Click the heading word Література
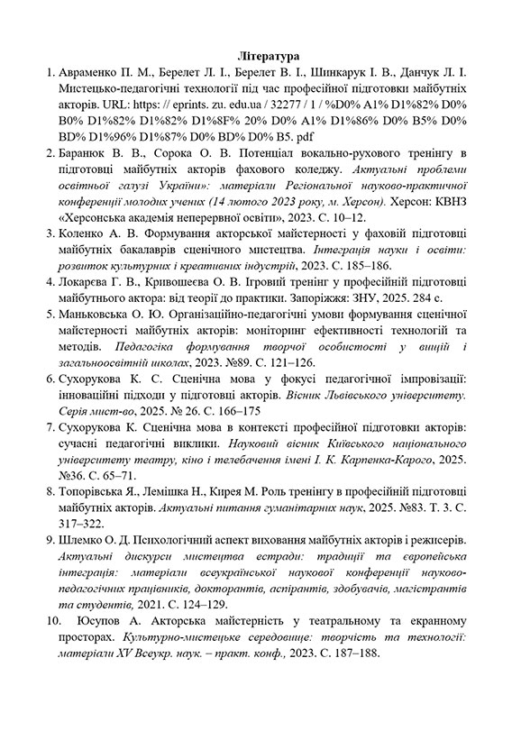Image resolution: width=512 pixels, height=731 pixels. pyautogui.click(x=256, y=56)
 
